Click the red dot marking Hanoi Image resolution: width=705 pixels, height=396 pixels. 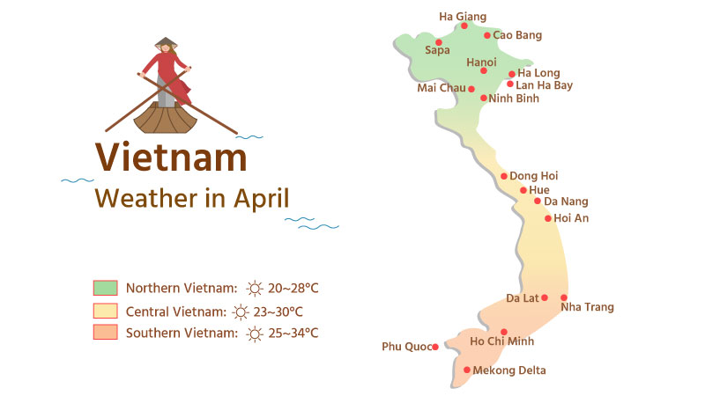point(484,70)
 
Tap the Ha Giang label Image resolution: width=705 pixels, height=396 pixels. point(463,16)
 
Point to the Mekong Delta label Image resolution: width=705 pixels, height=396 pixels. point(510,370)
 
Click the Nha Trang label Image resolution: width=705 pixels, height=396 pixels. point(587,307)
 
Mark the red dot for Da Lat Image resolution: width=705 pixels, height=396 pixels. point(545,297)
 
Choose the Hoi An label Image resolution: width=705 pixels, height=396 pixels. point(571,218)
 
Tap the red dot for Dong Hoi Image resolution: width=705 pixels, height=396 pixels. point(504,176)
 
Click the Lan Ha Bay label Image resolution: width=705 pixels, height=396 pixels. point(545,85)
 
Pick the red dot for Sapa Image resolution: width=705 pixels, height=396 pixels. point(438,41)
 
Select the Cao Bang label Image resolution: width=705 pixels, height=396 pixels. point(517,35)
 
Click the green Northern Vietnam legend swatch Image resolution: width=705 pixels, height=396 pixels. point(105,288)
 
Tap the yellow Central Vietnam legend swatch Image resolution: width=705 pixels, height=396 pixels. point(105,311)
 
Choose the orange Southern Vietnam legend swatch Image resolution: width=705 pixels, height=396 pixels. point(105,333)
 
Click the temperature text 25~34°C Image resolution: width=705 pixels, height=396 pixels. point(293,333)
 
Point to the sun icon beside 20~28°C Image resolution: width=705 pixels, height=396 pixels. point(255,288)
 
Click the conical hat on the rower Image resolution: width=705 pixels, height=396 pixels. point(165,42)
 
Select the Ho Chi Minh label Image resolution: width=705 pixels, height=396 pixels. point(502,341)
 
